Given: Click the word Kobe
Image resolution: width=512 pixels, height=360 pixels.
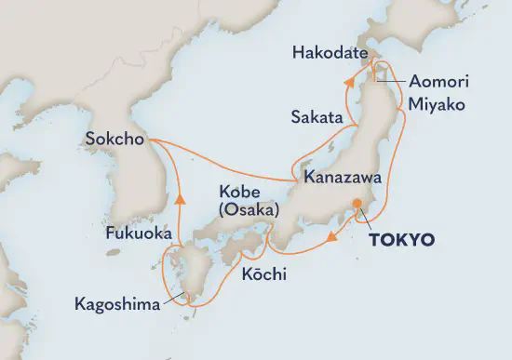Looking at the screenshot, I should (x=236, y=193).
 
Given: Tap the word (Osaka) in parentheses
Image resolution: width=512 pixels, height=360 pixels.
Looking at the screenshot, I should (x=249, y=211).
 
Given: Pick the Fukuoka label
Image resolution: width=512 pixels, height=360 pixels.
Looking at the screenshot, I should (x=138, y=234).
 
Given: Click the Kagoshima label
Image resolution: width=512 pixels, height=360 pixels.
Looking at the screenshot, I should (x=116, y=304).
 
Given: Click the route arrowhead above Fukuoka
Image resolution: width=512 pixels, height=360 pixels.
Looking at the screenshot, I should (x=177, y=197).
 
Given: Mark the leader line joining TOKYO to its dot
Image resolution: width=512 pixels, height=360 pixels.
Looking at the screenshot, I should (x=366, y=220).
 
